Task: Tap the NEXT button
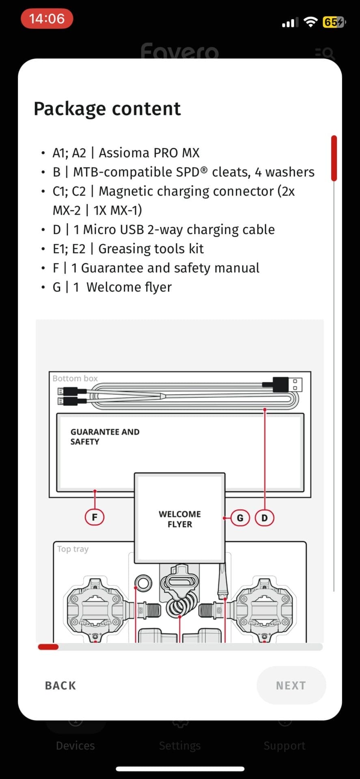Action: pos(291,685)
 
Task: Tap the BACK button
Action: pos(60,685)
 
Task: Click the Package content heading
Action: pos(107,109)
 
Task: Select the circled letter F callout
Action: pos(95,517)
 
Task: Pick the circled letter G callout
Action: pos(240,518)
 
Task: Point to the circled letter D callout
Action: pos(265,518)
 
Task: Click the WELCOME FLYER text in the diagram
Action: pos(180,519)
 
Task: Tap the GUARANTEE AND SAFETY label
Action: pos(105,437)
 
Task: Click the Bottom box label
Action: pos(75,378)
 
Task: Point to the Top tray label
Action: pos(73,549)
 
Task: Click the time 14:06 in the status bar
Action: pos(47,19)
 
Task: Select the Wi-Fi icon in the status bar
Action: pos(310,22)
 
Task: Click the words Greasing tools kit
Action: pos(151,249)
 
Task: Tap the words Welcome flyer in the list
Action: pos(129,287)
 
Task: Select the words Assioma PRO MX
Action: pos(149,153)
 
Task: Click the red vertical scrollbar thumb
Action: pos(334,158)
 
